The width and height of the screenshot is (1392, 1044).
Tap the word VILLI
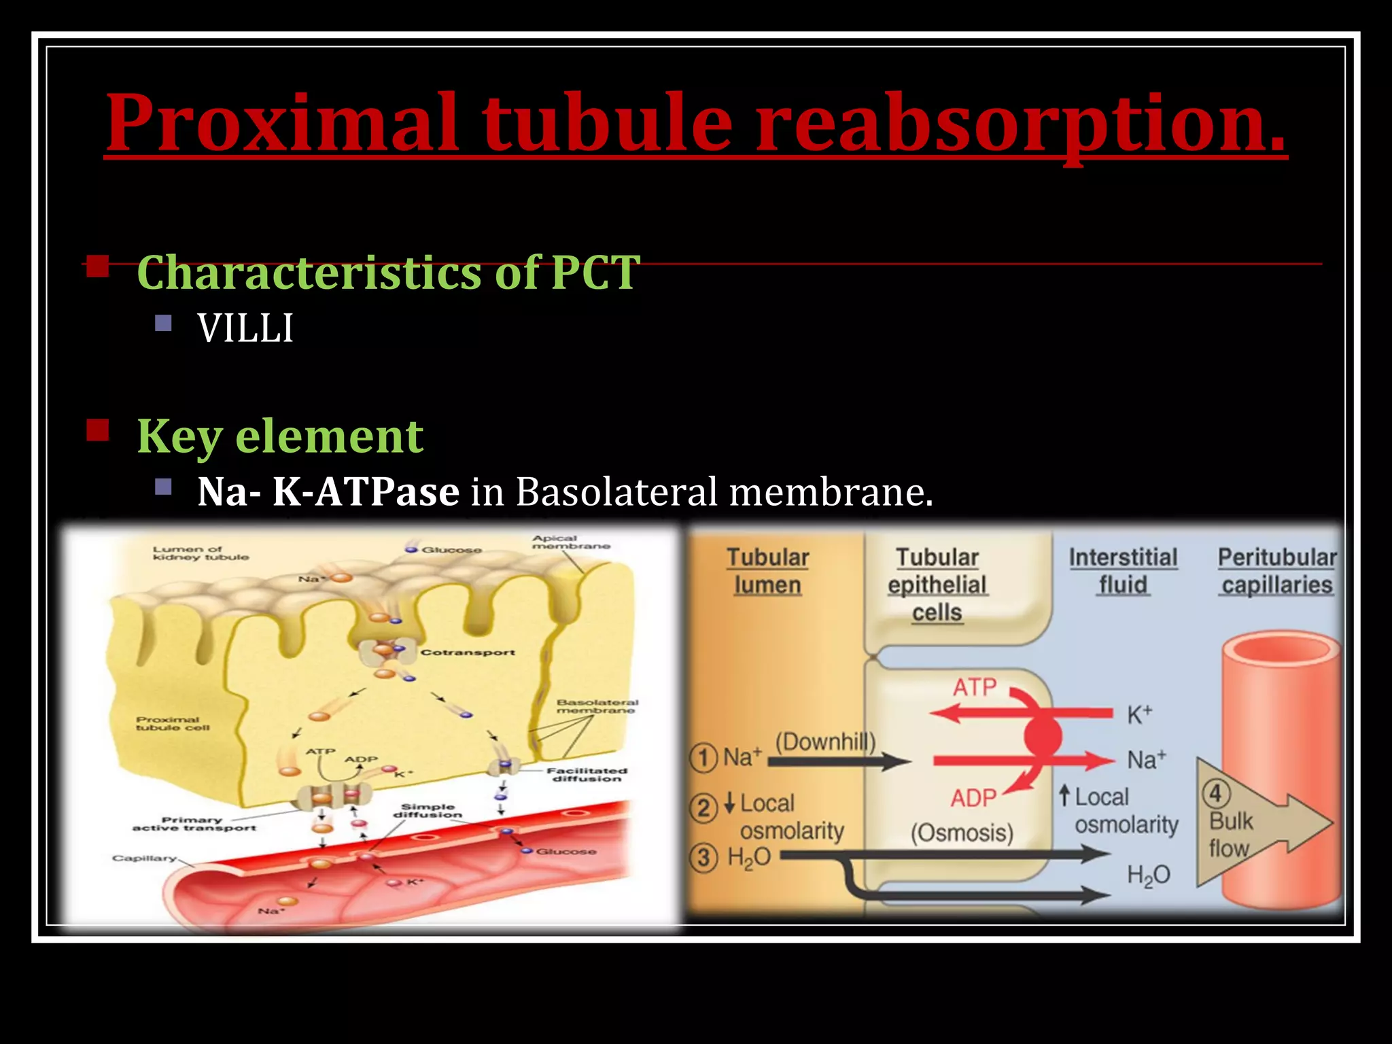click(x=245, y=329)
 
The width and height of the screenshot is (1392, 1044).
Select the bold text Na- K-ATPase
click(x=328, y=491)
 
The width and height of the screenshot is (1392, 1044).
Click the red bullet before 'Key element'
click(x=98, y=431)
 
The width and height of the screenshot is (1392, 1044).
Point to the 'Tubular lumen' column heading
click(x=767, y=571)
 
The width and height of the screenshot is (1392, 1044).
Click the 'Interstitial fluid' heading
click(x=1123, y=571)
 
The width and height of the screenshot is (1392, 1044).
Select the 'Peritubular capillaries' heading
click(x=1276, y=571)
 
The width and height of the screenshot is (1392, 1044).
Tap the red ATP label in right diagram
click(x=974, y=687)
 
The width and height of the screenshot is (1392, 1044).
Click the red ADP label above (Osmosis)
click(x=973, y=798)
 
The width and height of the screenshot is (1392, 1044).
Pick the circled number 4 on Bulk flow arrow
click(x=1216, y=793)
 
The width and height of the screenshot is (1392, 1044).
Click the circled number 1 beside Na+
click(x=703, y=758)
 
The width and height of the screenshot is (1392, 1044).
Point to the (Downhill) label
click(x=825, y=742)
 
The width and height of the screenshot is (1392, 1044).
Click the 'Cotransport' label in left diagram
click(x=468, y=652)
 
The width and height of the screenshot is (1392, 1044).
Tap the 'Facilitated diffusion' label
click(x=587, y=775)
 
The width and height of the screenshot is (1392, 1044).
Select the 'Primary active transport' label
click(x=194, y=824)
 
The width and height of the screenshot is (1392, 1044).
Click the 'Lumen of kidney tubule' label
click(x=201, y=553)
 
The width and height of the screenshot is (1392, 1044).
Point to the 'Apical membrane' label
click(x=570, y=542)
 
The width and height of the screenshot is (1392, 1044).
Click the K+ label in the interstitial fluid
click(x=1139, y=714)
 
